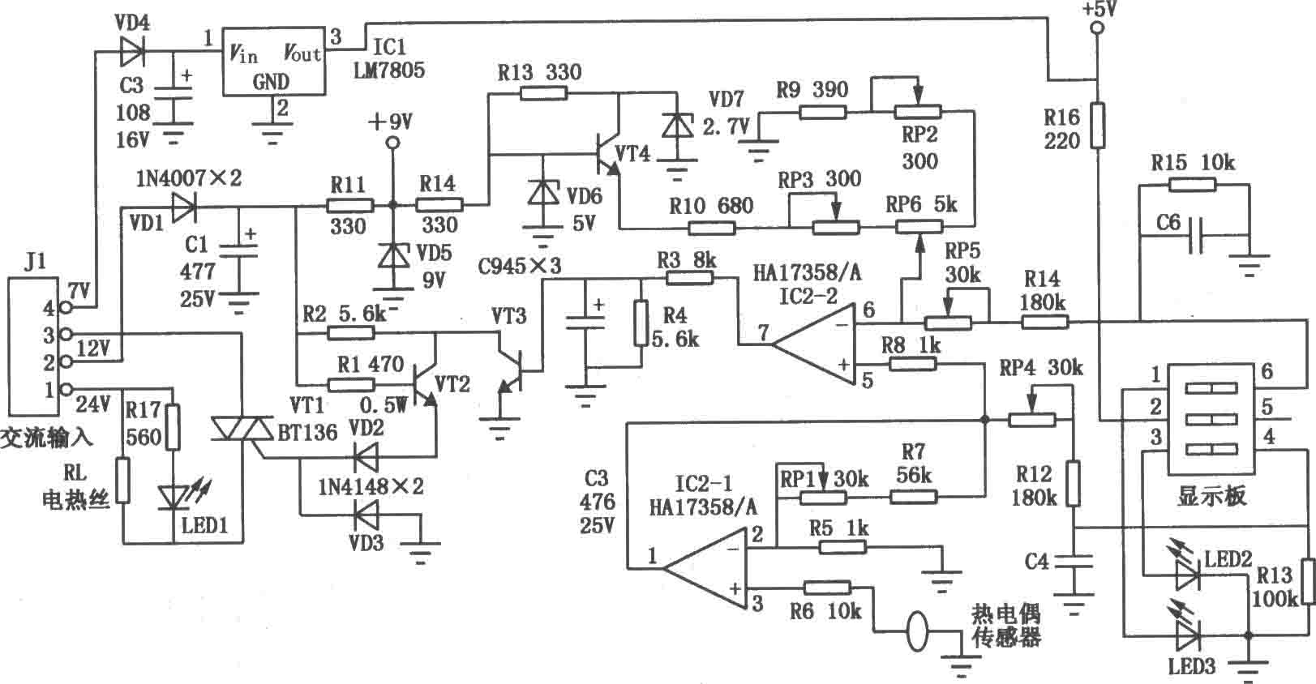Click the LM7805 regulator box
273,65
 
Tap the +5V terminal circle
1096,30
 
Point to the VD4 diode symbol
131,52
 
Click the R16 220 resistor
1097,125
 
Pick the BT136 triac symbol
243,430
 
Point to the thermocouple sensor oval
917,631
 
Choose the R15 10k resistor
1193,185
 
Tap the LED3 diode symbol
1188,636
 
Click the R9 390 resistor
822,111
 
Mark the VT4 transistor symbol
604,154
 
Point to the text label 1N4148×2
371,487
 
